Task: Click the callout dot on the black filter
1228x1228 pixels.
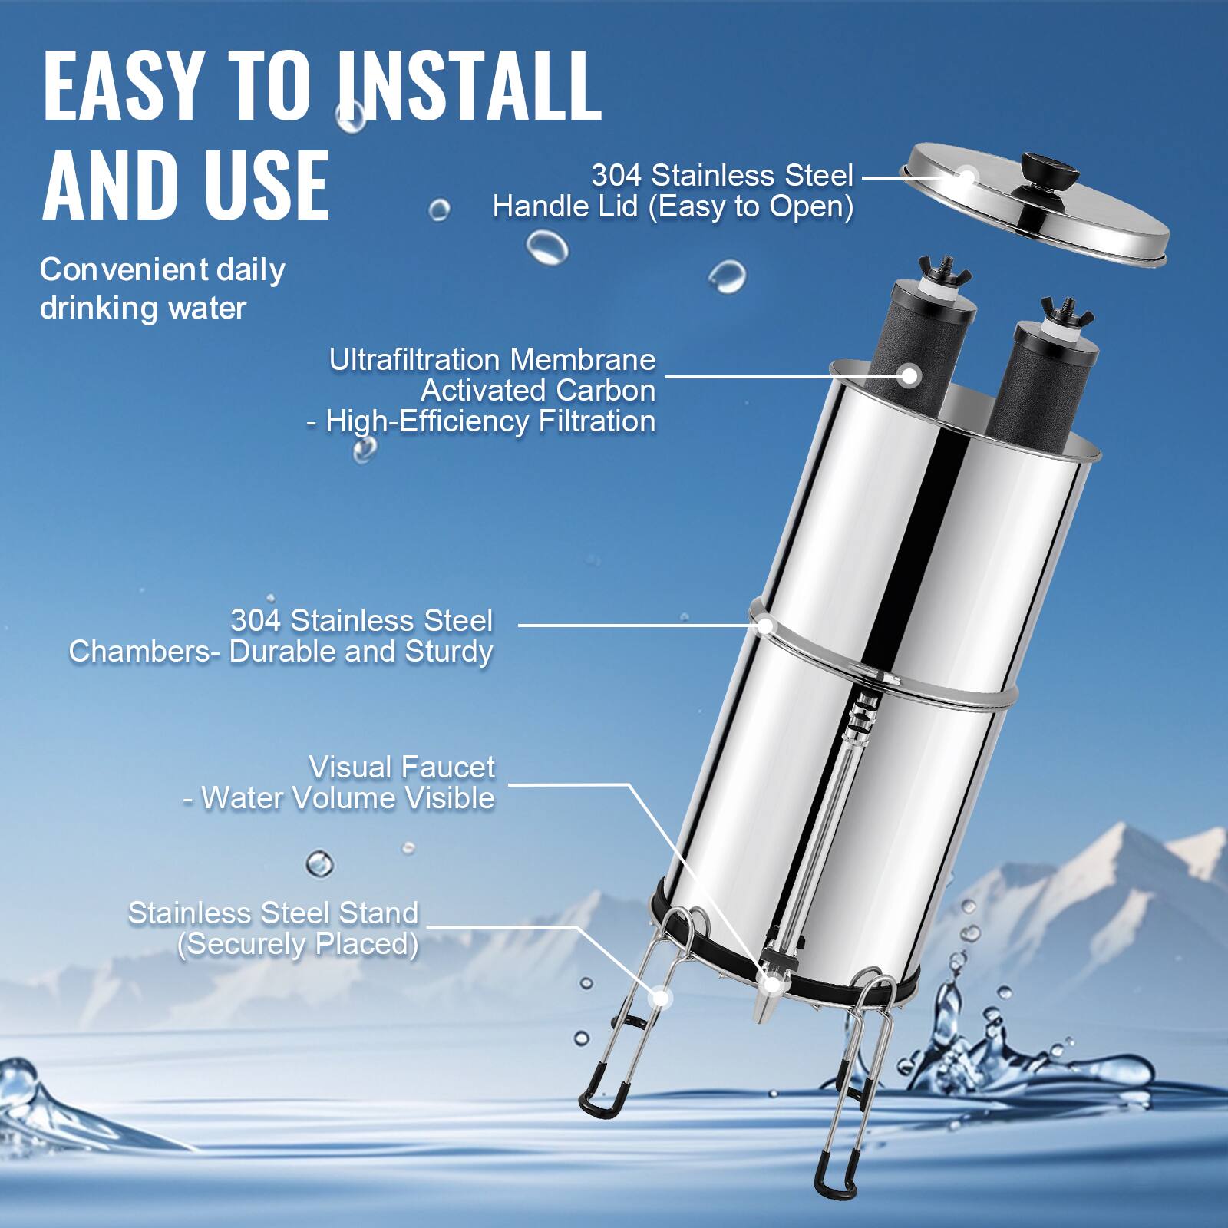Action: coord(910,376)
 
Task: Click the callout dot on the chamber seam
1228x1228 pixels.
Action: coord(765,625)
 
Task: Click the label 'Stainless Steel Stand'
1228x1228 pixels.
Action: coord(272,913)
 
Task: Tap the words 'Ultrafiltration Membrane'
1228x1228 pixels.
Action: coord(492,359)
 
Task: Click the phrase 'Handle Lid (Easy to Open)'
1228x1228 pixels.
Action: coord(672,206)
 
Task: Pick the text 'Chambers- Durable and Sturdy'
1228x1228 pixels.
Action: coord(280,652)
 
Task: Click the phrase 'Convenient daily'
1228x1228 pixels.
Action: coord(162,269)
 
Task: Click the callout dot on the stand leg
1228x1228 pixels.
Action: coord(659,998)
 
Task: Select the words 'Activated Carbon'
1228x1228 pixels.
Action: coord(537,391)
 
